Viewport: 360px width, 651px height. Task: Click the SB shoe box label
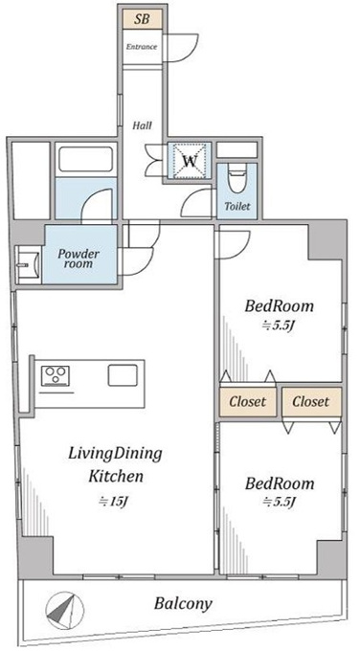143,19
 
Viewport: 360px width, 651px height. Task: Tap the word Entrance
142,47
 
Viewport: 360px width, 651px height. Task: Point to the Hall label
142,125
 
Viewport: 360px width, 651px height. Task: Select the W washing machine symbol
190,160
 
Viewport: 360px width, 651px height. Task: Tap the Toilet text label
237,206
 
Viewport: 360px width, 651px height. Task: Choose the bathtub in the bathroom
86,159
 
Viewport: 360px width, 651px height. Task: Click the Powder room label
79,258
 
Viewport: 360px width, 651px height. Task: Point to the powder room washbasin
28,265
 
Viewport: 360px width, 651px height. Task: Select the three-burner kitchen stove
55,376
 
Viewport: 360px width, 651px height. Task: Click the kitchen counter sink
123,375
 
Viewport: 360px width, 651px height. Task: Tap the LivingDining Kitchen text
116,464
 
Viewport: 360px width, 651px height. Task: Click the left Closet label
247,402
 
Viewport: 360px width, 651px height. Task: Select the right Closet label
310,401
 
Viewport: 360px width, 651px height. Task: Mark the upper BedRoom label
279,306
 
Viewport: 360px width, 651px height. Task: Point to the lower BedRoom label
280,483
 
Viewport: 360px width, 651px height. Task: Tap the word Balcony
183,603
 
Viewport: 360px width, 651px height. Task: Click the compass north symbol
62,611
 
